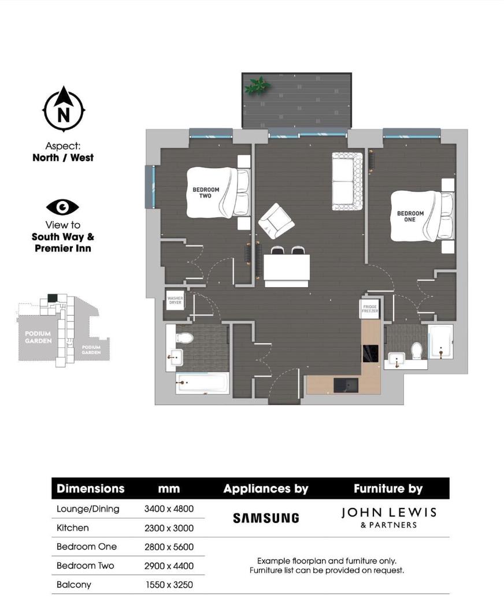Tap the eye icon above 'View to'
(x=62, y=207)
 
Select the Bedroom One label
(x=410, y=216)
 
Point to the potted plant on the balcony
(x=257, y=86)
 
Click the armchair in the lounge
(x=276, y=221)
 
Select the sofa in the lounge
(x=347, y=181)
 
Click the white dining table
(x=286, y=270)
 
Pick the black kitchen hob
(x=370, y=353)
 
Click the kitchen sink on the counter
(x=346, y=385)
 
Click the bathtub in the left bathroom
(x=202, y=382)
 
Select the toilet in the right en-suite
(x=416, y=350)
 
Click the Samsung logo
(x=266, y=518)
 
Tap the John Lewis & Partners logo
(x=388, y=517)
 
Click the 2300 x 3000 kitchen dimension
(x=169, y=528)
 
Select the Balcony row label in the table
(x=74, y=585)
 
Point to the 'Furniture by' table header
(x=388, y=489)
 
